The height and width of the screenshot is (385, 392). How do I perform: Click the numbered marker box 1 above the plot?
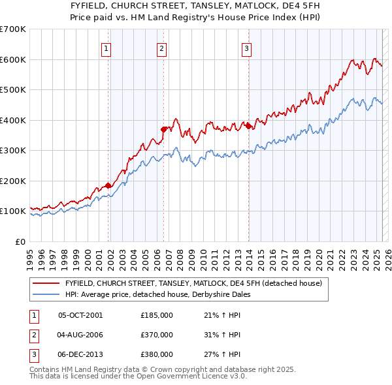106,48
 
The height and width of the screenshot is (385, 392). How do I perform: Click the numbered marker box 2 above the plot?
161,48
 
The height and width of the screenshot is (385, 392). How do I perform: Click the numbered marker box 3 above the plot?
246,48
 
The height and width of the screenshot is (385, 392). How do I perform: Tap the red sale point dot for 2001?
108,185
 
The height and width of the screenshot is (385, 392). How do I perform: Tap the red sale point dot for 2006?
164,129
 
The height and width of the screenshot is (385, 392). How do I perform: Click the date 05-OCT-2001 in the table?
81,315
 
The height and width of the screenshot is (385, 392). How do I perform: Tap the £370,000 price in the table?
157,335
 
